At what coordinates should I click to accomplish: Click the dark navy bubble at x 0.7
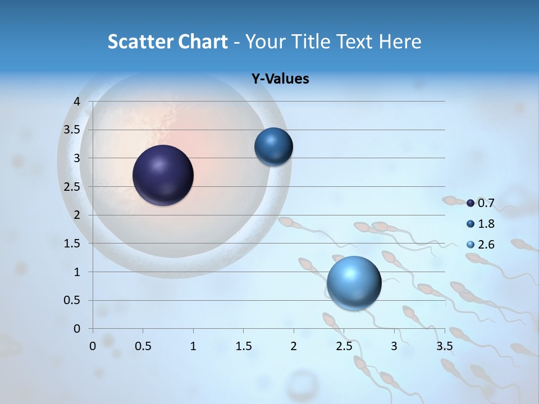coord(163,175)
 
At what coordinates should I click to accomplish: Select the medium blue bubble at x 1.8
coord(273,146)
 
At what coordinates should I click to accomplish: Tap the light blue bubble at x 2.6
coord(354,283)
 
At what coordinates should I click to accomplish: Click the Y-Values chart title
coord(280,79)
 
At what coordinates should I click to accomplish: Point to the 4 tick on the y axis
coord(77,101)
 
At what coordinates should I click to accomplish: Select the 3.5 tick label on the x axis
coord(445,346)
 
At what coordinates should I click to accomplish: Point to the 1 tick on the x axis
coord(193,346)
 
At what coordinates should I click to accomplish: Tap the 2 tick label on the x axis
coord(294,346)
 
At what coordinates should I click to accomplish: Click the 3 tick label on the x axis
coord(394,346)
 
